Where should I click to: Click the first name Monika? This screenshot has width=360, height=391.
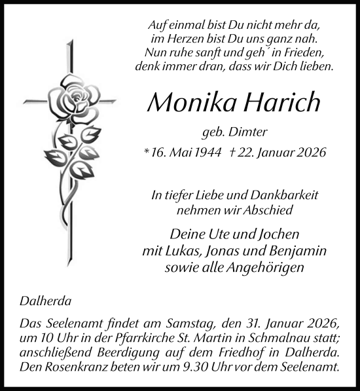[x=189, y=102]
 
